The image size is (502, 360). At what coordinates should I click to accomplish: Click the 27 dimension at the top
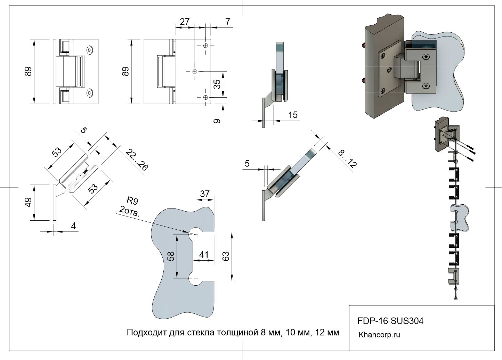pyautogui.click(x=185, y=22)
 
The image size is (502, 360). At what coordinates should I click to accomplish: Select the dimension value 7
pyautogui.click(x=227, y=22)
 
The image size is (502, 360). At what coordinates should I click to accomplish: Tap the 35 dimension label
pyautogui.click(x=217, y=84)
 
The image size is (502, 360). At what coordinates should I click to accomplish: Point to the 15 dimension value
pyautogui.click(x=293, y=115)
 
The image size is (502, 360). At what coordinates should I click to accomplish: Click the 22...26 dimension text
pyautogui.click(x=137, y=160)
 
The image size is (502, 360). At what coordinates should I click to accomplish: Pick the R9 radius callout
pyautogui.click(x=132, y=201)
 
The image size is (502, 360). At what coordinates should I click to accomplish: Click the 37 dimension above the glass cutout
pyautogui.click(x=205, y=194)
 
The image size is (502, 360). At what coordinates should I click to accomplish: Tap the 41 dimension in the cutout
pyautogui.click(x=204, y=255)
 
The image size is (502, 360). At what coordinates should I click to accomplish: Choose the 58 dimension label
pyautogui.click(x=171, y=256)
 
